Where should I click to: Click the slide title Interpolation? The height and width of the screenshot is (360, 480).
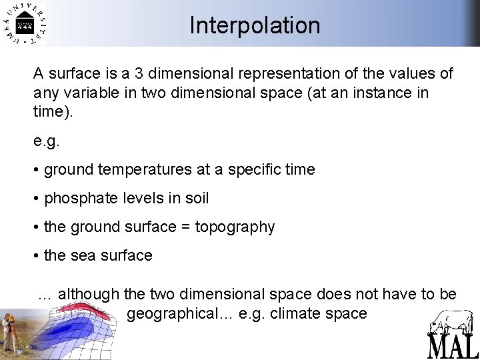(255, 25)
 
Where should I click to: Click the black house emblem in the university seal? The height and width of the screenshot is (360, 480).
(25, 26)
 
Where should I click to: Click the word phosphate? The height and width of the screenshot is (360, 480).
(79, 198)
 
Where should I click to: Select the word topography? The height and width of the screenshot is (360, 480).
(236, 227)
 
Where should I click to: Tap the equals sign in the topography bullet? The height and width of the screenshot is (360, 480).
(187, 227)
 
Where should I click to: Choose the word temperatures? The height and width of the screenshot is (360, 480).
(140, 169)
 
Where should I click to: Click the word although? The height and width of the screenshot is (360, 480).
(88, 294)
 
